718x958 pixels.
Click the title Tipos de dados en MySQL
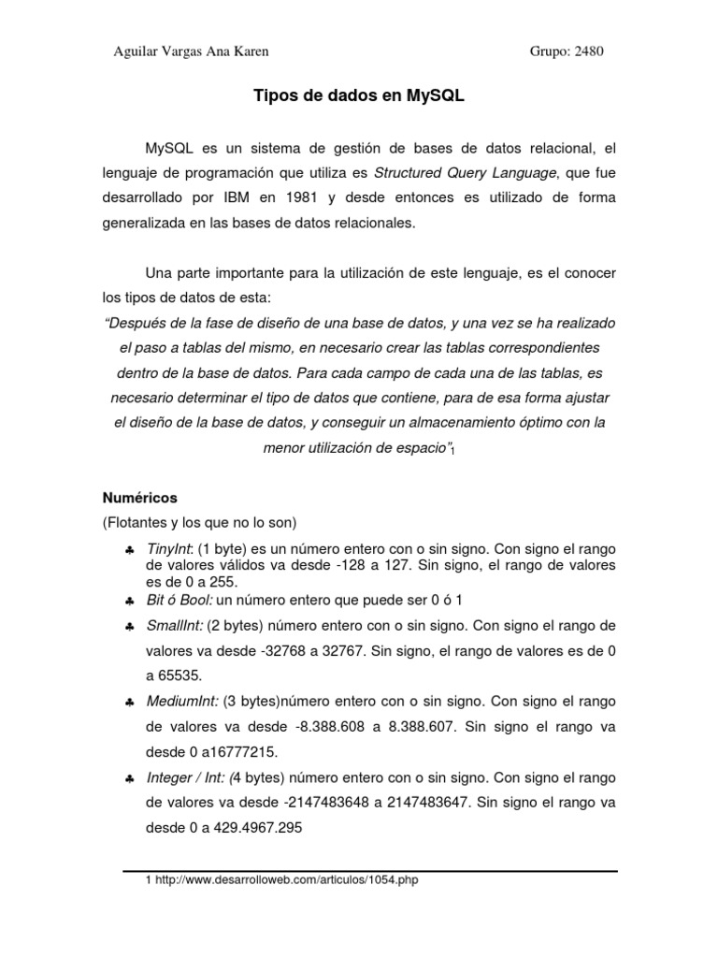[x=360, y=95]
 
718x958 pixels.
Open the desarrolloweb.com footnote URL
[x=290, y=881]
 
